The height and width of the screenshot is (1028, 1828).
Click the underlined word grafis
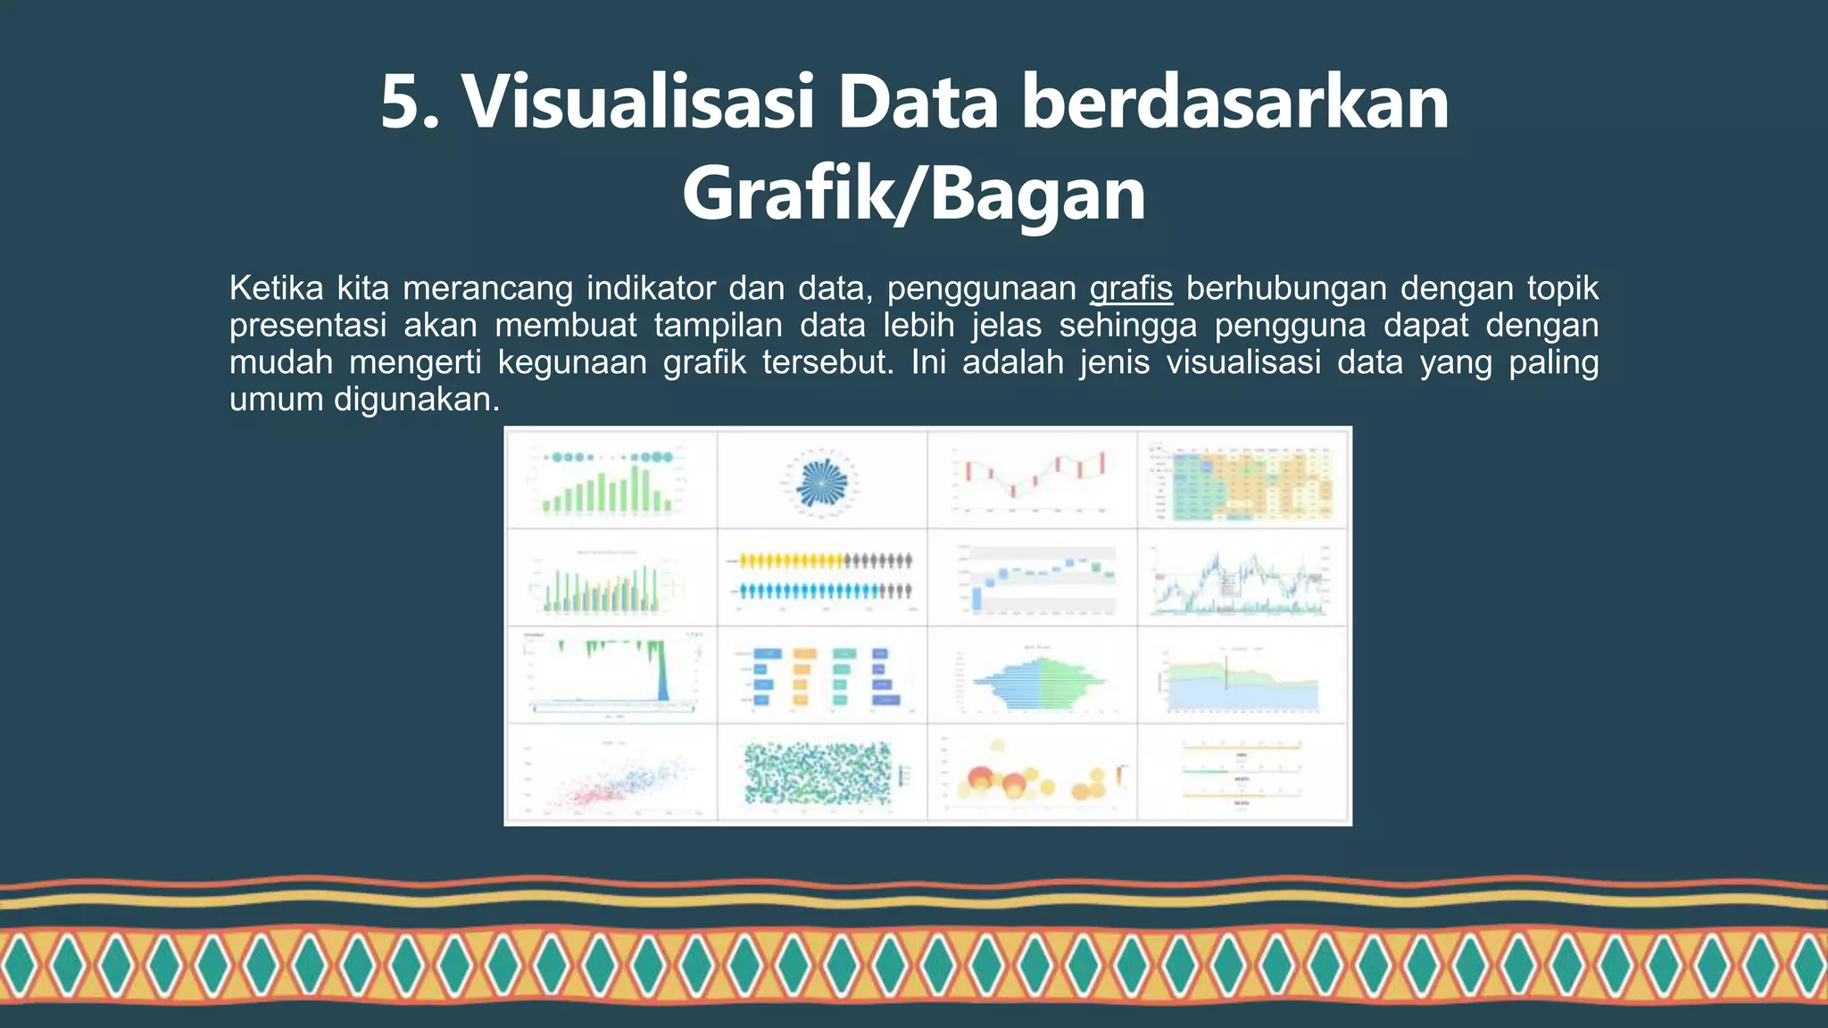click(1130, 289)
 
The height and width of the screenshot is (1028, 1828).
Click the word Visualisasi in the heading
click(637, 103)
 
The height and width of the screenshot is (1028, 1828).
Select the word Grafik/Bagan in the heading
click(913, 195)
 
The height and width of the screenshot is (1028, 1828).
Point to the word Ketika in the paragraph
click(276, 289)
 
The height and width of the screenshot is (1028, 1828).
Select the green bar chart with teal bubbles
click(611, 482)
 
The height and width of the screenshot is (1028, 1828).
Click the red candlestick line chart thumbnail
click(1033, 478)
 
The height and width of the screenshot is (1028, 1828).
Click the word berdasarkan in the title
click(1234, 103)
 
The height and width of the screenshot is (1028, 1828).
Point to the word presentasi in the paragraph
click(308, 326)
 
